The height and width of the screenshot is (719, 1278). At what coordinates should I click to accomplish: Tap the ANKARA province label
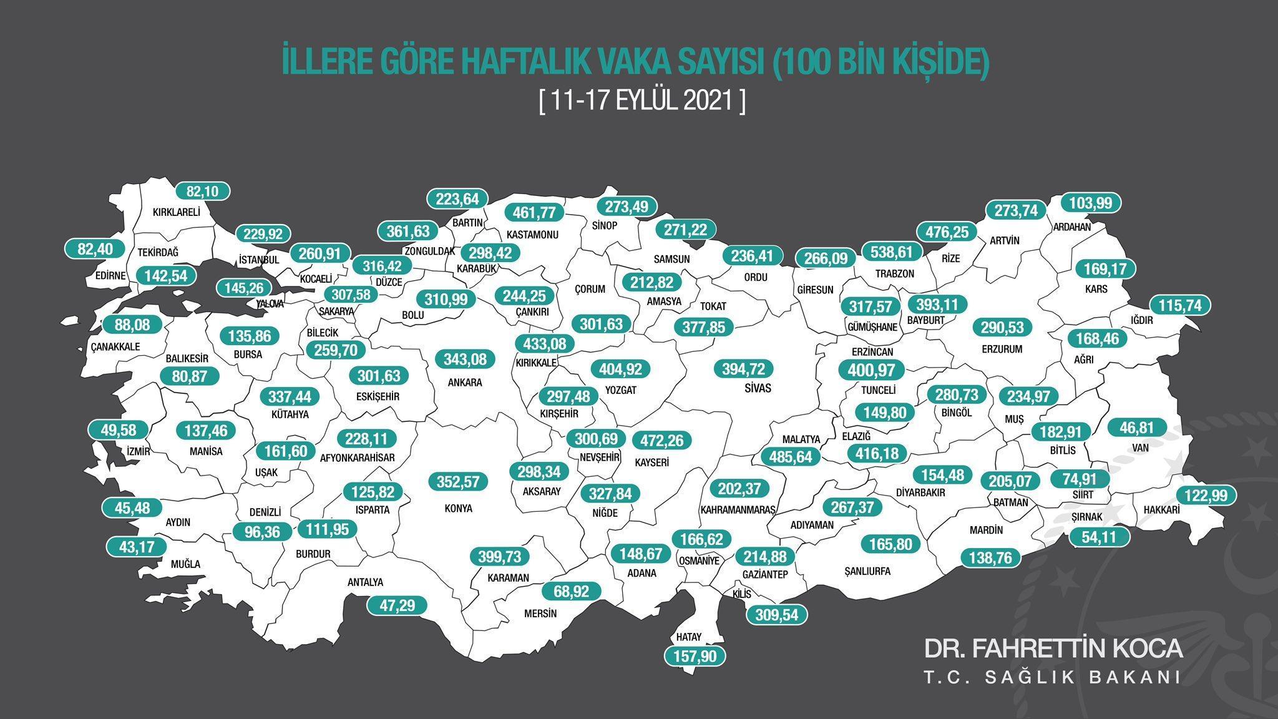pyautogui.click(x=465, y=383)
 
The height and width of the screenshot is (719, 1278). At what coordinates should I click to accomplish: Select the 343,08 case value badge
pyautogui.click(x=465, y=359)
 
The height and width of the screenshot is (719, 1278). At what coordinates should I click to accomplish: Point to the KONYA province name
pyautogui.click(x=458, y=508)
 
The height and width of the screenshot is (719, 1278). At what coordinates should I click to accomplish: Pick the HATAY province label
pyautogui.click(x=689, y=637)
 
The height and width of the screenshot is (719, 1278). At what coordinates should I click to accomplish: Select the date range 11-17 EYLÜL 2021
pyautogui.click(x=642, y=100)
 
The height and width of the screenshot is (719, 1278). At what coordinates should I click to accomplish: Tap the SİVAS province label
pyautogui.click(x=758, y=388)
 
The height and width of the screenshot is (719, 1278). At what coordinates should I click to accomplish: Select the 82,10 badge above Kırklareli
pyautogui.click(x=203, y=191)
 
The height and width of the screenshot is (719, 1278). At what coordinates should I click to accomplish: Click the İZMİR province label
pyautogui.click(x=138, y=451)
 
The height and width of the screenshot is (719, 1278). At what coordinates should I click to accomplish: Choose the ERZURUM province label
pyautogui.click(x=1002, y=349)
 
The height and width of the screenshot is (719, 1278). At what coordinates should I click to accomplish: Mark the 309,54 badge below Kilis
pyautogui.click(x=777, y=615)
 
